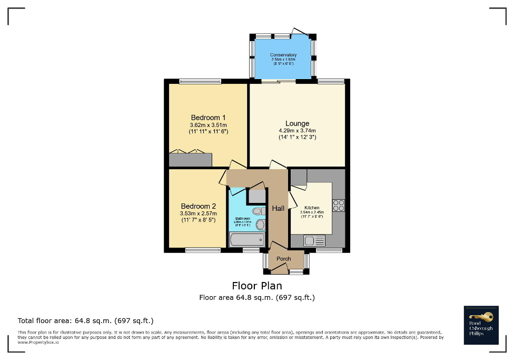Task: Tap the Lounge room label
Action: pos(297,124)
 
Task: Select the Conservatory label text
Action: pos(283,55)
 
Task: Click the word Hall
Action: pos(278,209)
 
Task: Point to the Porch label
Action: pos(284,259)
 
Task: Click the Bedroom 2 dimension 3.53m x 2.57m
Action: pos(199,213)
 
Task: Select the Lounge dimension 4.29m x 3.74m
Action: pos(297,131)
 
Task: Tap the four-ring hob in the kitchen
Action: pos(338,205)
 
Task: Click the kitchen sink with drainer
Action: pos(314,241)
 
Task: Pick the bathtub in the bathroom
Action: pos(247,240)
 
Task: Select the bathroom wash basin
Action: pos(260,225)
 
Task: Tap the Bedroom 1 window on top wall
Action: pos(200,81)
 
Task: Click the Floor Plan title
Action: pos(256,286)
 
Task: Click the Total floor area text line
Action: pos(85,320)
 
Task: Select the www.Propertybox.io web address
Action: pos(38,342)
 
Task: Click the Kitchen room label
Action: pos(311,208)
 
